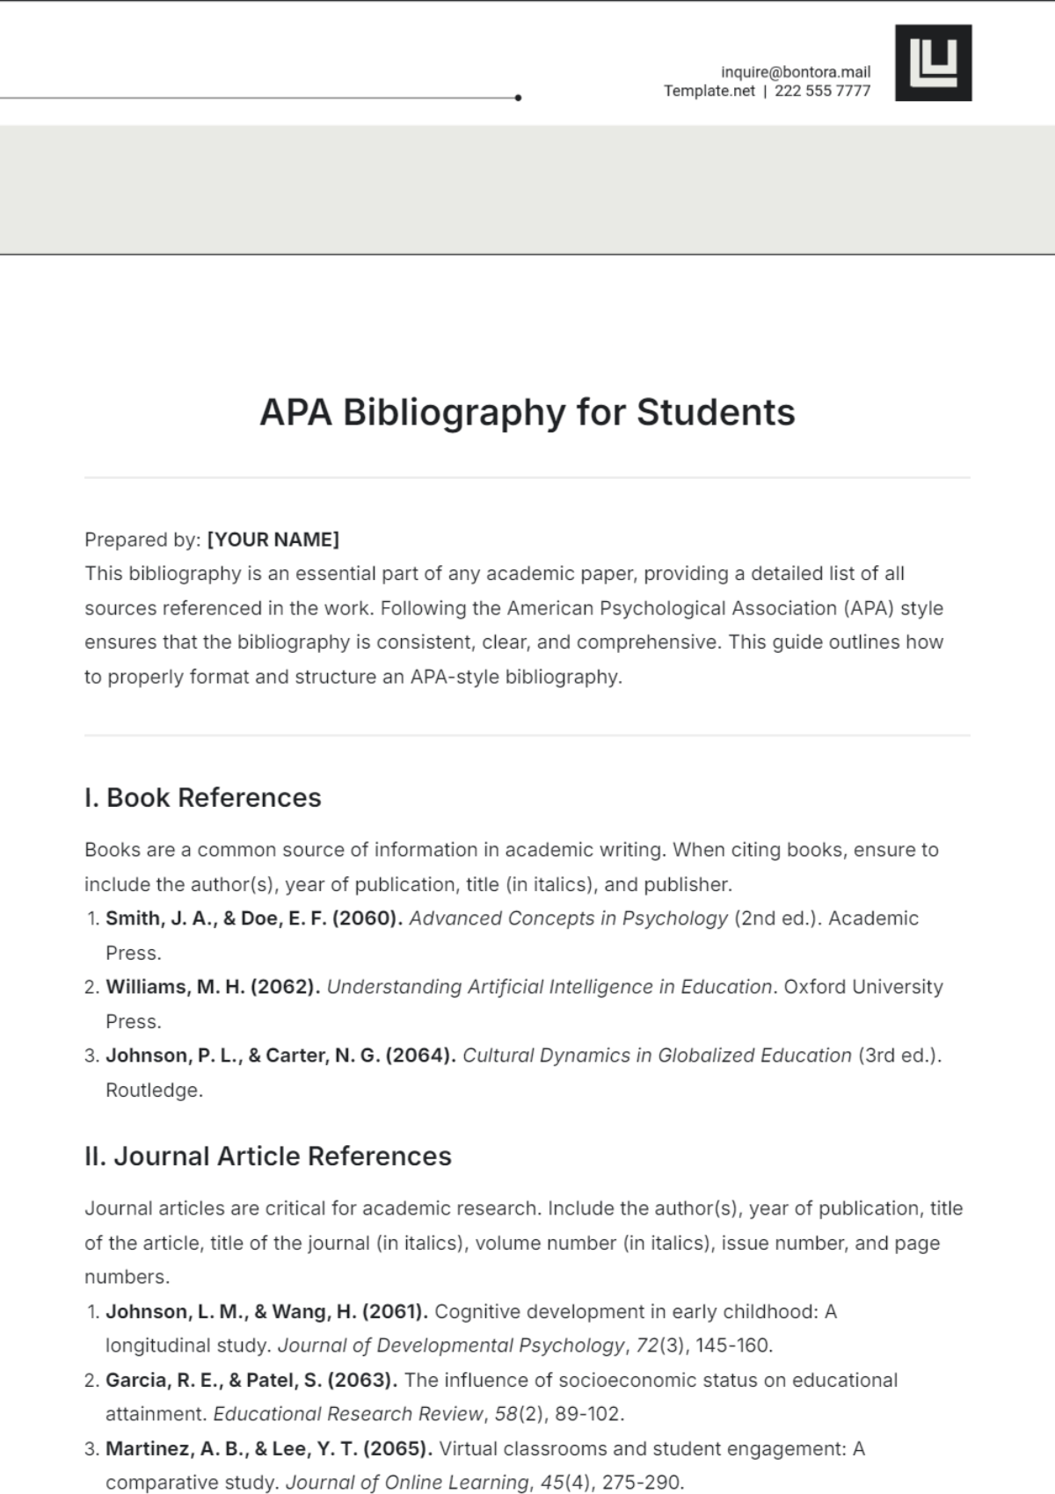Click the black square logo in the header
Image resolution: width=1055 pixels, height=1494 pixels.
click(933, 62)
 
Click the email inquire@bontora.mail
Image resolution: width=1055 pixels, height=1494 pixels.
click(795, 72)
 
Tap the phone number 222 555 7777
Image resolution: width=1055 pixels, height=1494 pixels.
click(822, 91)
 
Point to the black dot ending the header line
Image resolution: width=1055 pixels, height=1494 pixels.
click(518, 98)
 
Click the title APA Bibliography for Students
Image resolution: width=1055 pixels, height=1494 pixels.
click(527, 412)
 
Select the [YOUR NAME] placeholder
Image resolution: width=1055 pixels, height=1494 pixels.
click(273, 540)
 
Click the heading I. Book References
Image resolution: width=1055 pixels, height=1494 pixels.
click(203, 797)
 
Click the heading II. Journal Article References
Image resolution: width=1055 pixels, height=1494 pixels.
click(268, 1156)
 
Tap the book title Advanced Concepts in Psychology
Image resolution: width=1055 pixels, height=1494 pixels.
click(568, 918)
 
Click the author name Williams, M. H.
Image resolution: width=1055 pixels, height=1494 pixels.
click(175, 987)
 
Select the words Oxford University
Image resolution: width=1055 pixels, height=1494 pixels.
click(862, 987)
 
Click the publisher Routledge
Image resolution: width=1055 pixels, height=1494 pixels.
click(154, 1091)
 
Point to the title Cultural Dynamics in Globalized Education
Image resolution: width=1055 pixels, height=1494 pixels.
click(657, 1055)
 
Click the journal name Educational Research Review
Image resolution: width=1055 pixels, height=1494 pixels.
click(348, 1414)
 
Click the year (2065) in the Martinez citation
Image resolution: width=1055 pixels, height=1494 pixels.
click(397, 1448)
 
